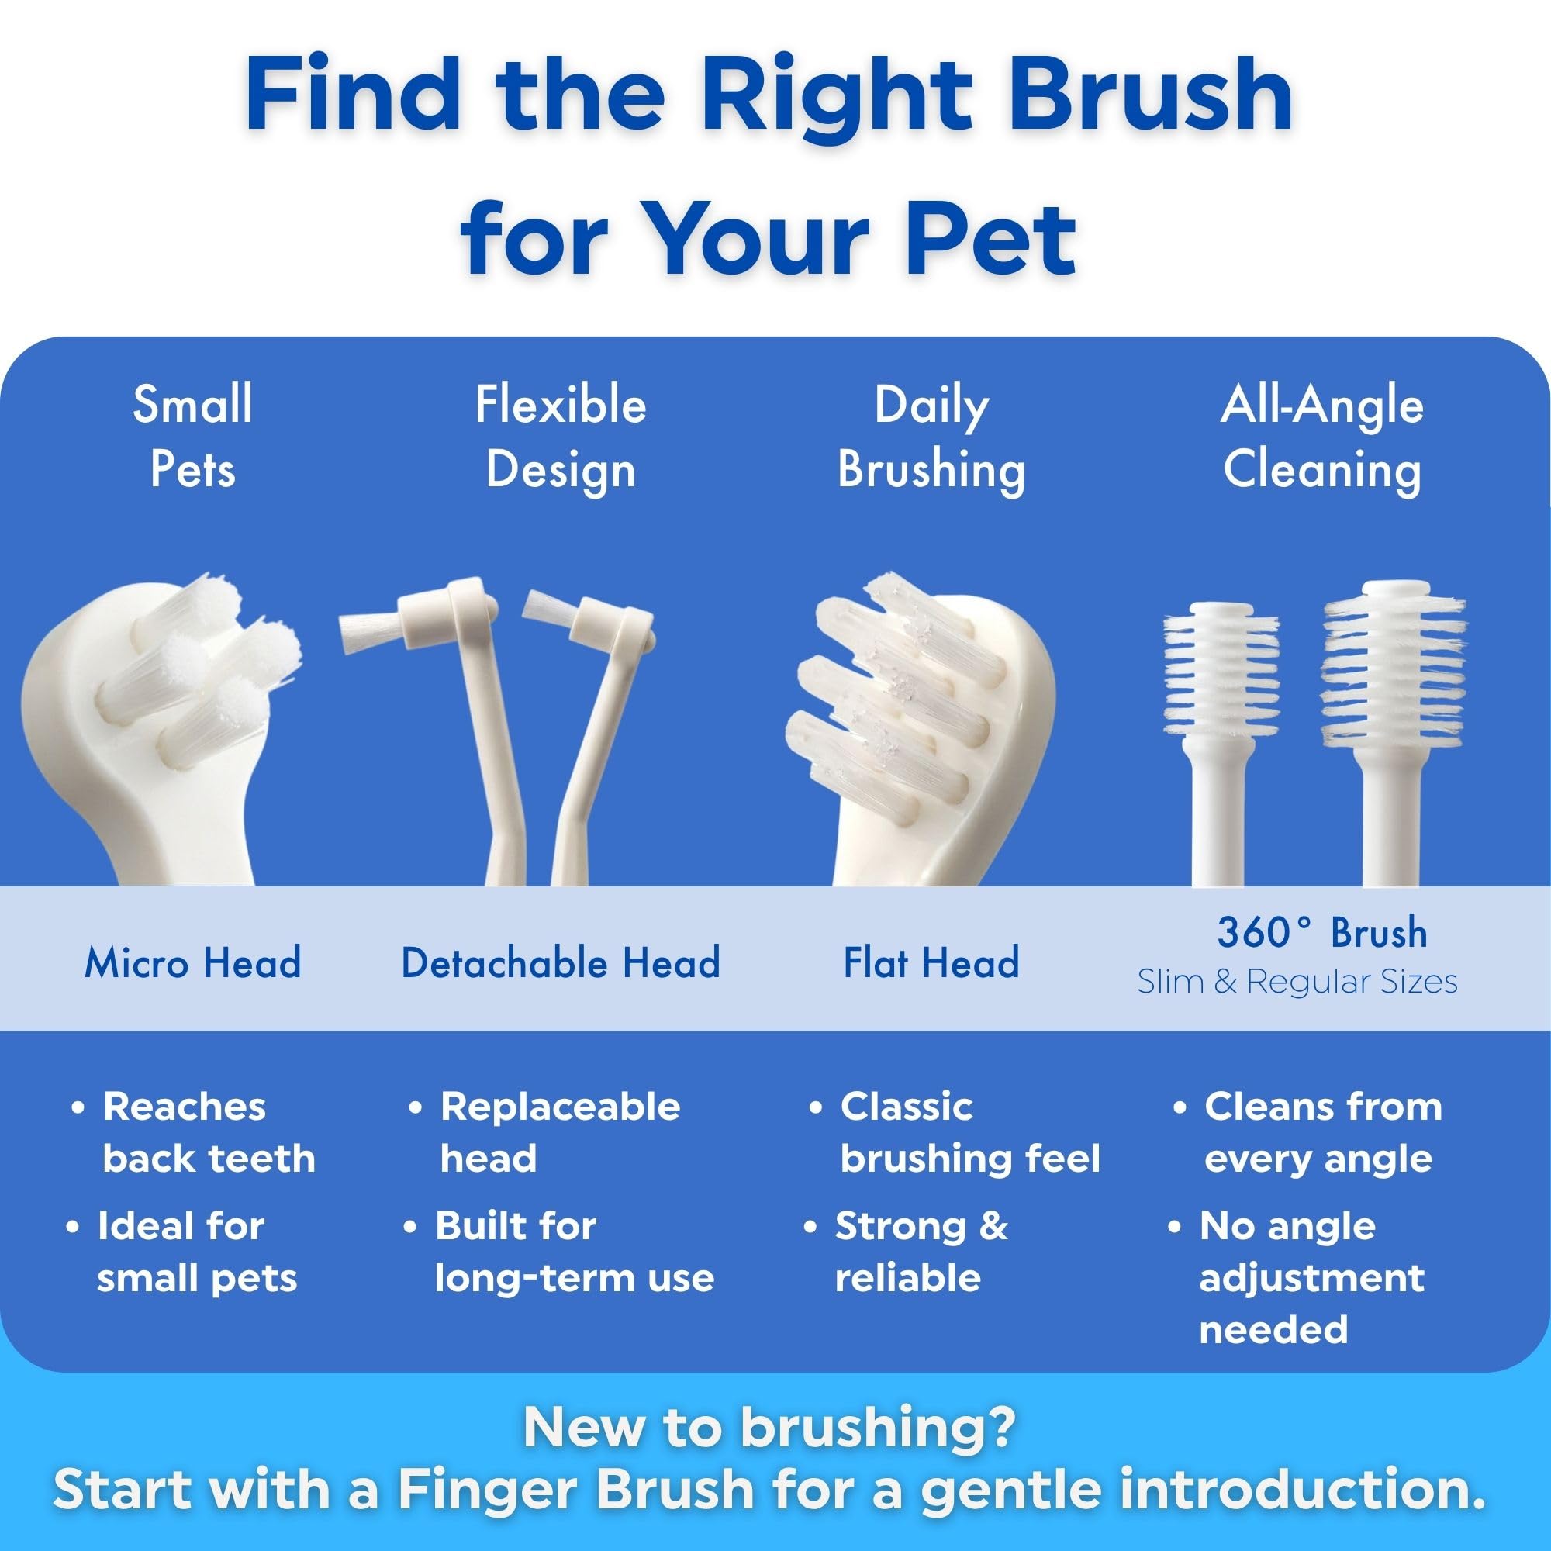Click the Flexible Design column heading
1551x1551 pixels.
pyautogui.click(x=561, y=437)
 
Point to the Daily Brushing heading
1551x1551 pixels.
pyautogui.click(x=931, y=437)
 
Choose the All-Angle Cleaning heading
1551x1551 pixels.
pyautogui.click(x=1322, y=437)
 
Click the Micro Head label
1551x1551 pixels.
pyautogui.click(x=192, y=962)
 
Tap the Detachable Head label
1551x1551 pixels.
pyautogui.click(x=561, y=962)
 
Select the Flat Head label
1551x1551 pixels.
pyautogui.click(x=931, y=962)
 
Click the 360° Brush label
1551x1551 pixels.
pyautogui.click(x=1322, y=932)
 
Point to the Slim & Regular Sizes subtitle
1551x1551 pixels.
pyautogui.click(x=1297, y=982)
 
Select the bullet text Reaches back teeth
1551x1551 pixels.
pyautogui.click(x=209, y=1133)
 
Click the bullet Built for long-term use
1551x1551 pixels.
pyautogui.click(x=574, y=1252)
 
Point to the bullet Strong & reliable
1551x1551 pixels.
pyautogui.click(x=921, y=1252)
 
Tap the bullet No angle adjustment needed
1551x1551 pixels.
pyautogui.click(x=1312, y=1277)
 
